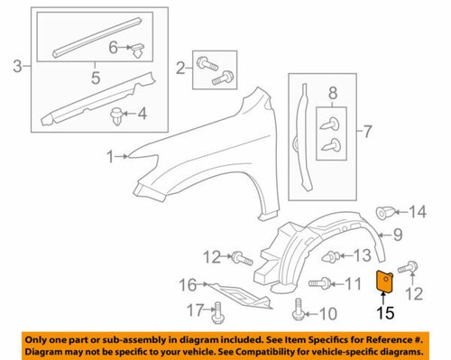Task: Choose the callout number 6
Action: pos(114,46)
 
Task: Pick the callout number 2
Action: pos(181,66)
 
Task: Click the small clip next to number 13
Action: pos(334,257)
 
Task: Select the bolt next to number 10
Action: pos(298,311)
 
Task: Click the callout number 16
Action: pos(187,286)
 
